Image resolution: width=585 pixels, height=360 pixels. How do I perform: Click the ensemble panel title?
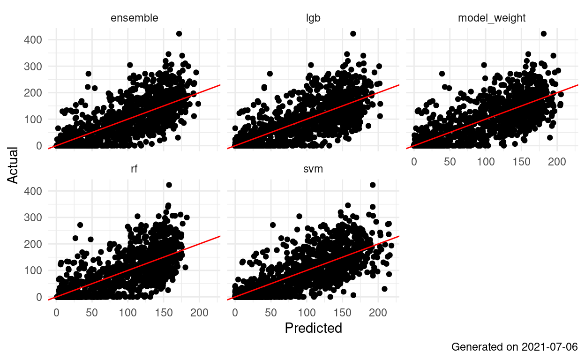coord(134,18)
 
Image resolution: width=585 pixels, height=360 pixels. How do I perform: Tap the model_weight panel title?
coord(491,18)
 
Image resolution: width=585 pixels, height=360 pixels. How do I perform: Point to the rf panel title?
coord(134,169)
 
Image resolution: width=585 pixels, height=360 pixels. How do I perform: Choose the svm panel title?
coord(313,169)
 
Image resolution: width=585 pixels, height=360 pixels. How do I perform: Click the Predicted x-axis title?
coord(313,328)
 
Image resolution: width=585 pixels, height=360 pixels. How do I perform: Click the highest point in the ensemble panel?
coord(179,34)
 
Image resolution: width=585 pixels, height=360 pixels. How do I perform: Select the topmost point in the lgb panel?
coord(353,34)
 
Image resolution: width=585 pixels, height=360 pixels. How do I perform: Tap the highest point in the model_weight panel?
coord(544,34)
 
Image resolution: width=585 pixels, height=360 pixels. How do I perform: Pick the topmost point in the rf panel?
coord(169,185)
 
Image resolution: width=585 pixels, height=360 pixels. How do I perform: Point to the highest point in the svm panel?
coord(373,185)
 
